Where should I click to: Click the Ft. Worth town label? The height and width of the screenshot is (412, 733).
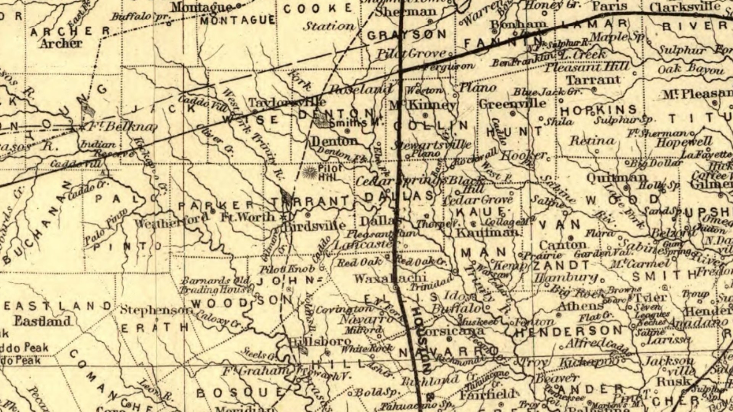(x=248, y=217)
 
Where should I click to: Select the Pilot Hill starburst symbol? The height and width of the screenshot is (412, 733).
(x=308, y=172)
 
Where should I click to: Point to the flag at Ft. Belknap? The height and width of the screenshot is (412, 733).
(x=88, y=110)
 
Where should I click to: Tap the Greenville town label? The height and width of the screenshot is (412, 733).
(x=512, y=104)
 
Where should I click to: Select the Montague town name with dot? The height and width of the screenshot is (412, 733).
(x=202, y=7)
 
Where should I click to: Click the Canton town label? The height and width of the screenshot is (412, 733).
(x=563, y=245)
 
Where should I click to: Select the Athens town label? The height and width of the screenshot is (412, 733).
(x=580, y=306)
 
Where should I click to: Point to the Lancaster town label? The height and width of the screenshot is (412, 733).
(x=363, y=245)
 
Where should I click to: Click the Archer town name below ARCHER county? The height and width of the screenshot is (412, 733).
(x=61, y=43)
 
